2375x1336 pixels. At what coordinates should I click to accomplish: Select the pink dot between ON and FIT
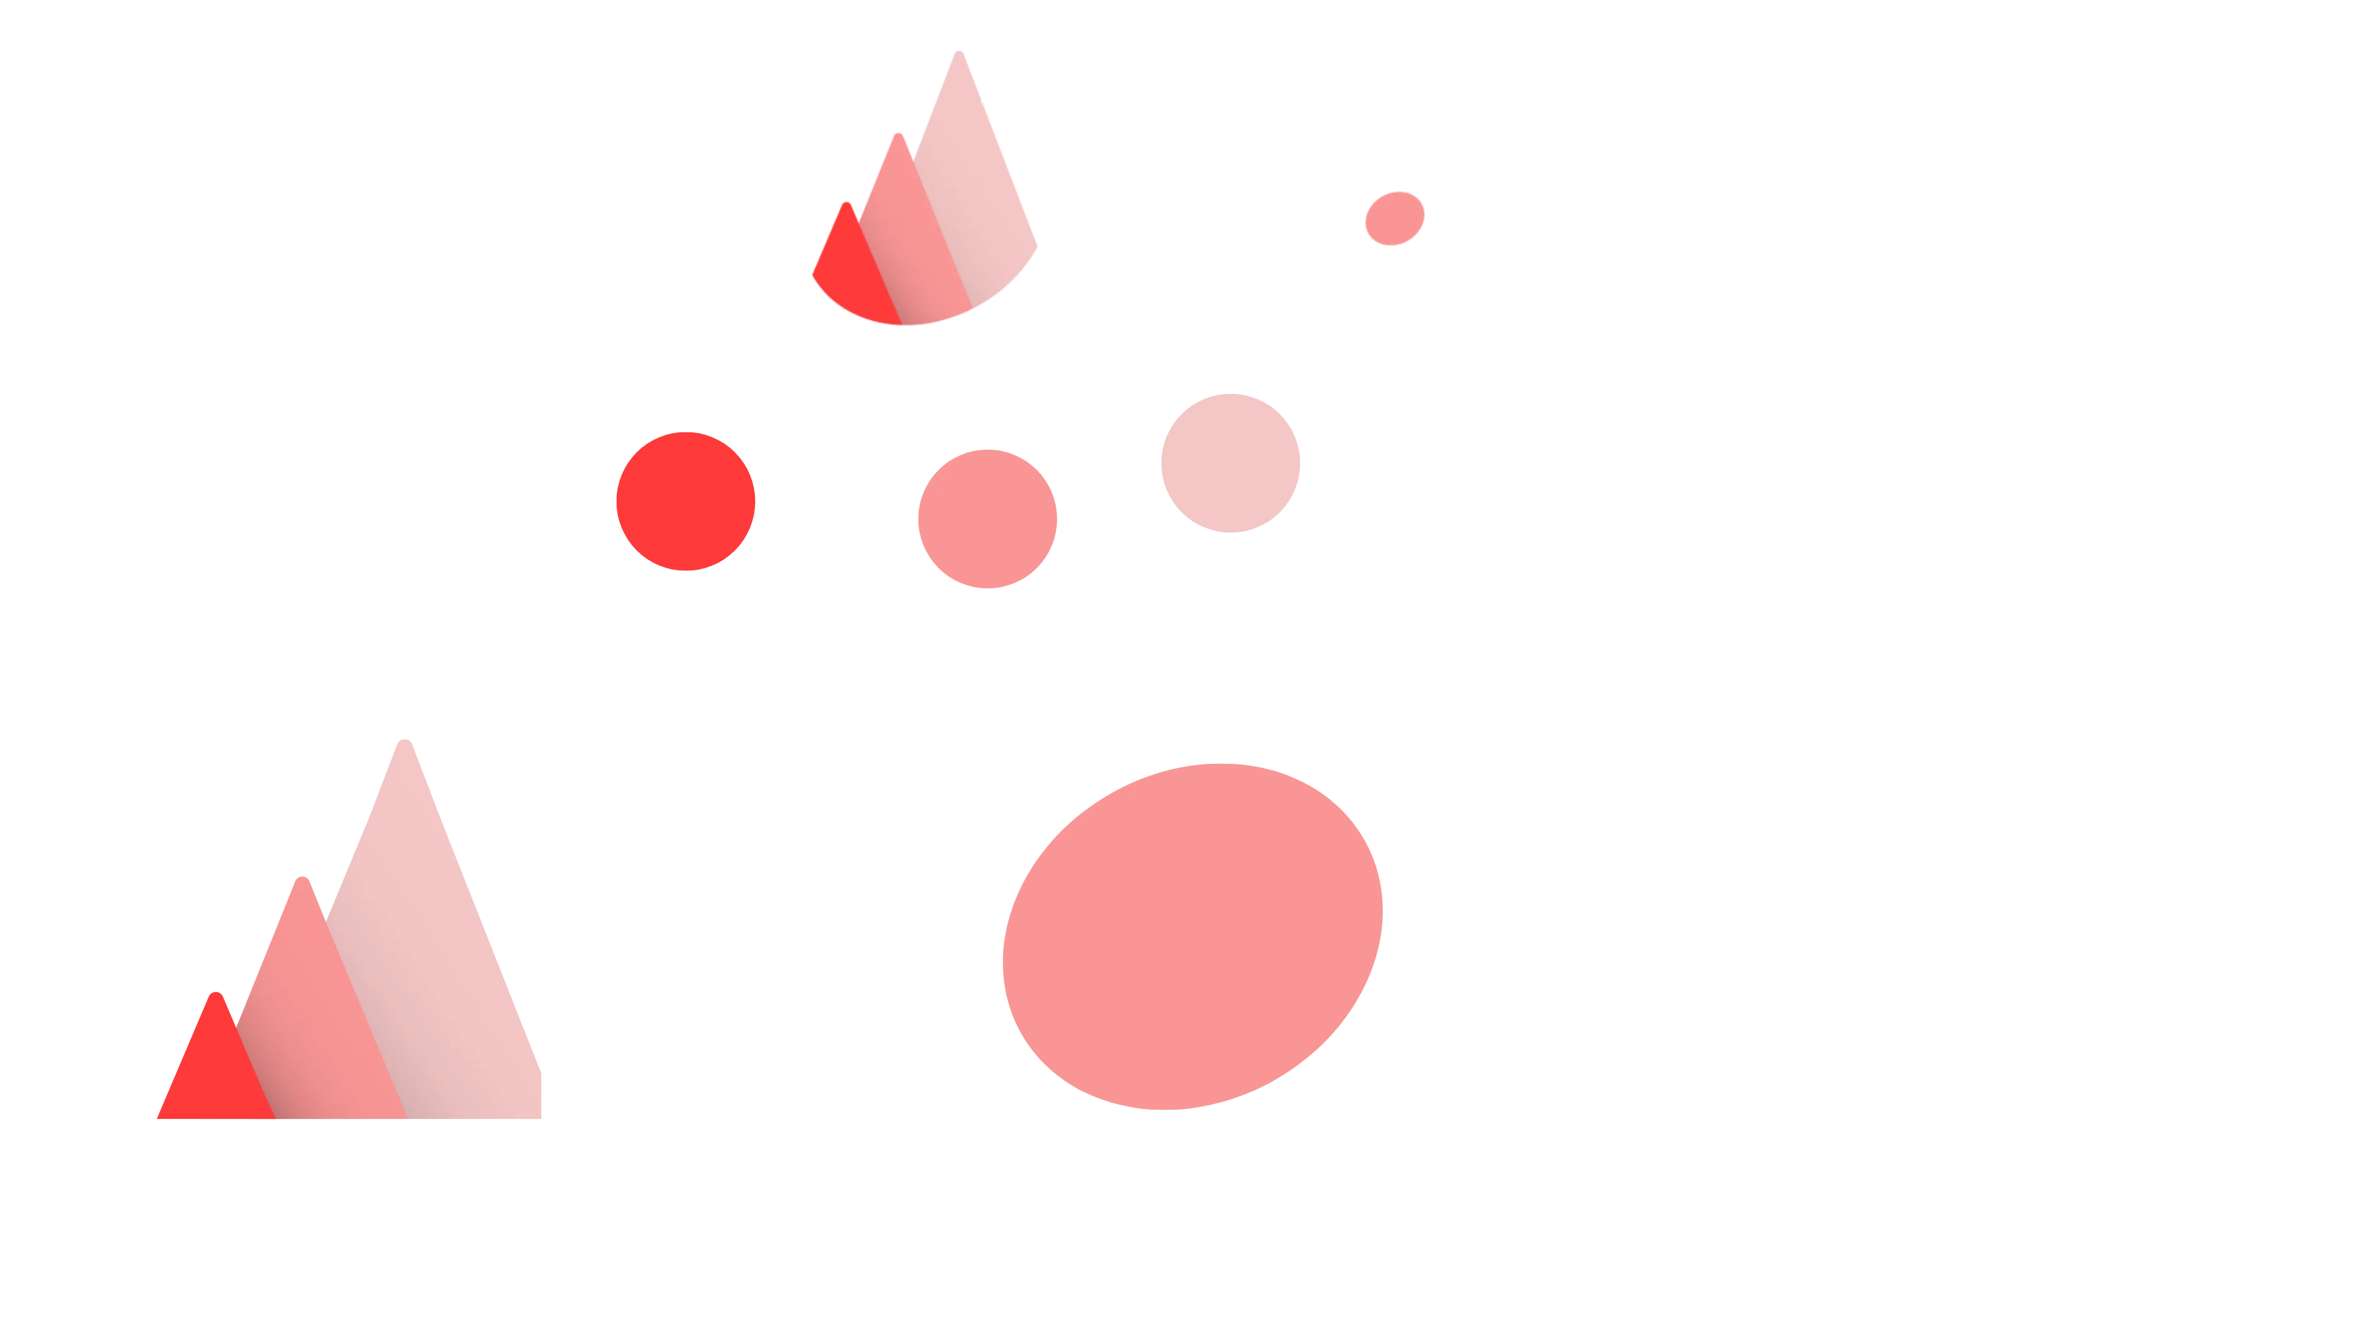click(1393, 218)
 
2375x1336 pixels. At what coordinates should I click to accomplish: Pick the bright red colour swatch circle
click(685, 502)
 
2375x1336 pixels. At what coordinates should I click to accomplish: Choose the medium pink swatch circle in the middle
click(986, 517)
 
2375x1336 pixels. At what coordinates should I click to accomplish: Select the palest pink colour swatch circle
click(1229, 462)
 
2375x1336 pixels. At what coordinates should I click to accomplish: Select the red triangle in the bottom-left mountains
click(215, 1069)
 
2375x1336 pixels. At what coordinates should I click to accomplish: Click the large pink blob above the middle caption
click(1191, 936)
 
